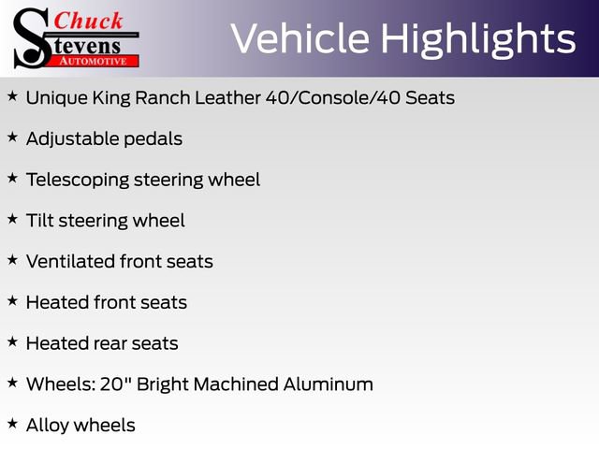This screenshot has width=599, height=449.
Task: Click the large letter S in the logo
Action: point(31,37)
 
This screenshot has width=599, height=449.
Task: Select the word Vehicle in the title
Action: point(299,39)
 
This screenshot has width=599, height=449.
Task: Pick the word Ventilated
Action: point(70,262)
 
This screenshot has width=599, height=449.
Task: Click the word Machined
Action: point(243,384)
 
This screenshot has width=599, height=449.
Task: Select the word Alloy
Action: point(48,426)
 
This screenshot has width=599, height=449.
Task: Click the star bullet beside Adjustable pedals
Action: point(12,137)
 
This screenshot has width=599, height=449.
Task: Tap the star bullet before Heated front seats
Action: point(12,300)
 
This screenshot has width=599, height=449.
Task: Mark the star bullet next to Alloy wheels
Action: point(12,424)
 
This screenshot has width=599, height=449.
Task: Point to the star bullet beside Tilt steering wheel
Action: point(12,219)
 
